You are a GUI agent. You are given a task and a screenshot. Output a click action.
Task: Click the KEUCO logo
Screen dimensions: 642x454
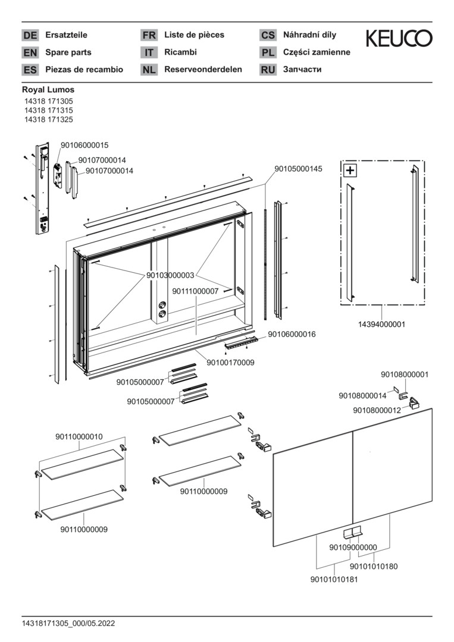(399, 39)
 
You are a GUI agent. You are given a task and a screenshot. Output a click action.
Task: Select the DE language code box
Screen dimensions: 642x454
(30, 36)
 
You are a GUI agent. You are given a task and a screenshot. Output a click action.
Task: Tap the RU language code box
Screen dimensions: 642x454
(268, 70)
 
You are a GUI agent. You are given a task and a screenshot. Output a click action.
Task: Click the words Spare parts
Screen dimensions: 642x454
(68, 52)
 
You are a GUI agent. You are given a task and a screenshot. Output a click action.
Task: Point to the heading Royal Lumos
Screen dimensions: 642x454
(48, 90)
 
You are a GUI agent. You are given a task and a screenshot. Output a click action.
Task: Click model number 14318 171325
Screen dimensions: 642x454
(49, 119)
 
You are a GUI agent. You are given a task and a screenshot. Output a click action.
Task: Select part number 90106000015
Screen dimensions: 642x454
(84, 145)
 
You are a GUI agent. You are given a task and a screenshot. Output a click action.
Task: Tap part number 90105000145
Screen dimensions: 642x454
(298, 169)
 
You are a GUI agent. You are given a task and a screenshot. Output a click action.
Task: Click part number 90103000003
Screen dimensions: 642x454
(170, 276)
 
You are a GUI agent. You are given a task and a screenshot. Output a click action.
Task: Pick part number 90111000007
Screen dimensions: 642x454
(195, 291)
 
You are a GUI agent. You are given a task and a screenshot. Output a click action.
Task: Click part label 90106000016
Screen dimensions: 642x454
(292, 334)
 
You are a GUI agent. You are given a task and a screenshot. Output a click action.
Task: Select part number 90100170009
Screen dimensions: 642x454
(230, 362)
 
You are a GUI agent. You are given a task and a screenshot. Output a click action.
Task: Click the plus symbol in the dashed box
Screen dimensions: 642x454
(350, 171)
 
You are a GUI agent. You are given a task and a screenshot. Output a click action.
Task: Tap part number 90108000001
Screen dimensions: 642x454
(405, 374)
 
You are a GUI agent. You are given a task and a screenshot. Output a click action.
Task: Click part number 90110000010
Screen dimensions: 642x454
(79, 436)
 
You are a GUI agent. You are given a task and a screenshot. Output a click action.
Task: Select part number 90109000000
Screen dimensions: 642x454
(353, 547)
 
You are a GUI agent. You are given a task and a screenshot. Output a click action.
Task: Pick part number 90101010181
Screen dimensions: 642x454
(334, 580)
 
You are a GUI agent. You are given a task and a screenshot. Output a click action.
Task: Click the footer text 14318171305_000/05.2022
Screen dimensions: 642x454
(68, 624)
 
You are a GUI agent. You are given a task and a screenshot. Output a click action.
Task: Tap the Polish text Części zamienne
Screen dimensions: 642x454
(317, 52)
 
